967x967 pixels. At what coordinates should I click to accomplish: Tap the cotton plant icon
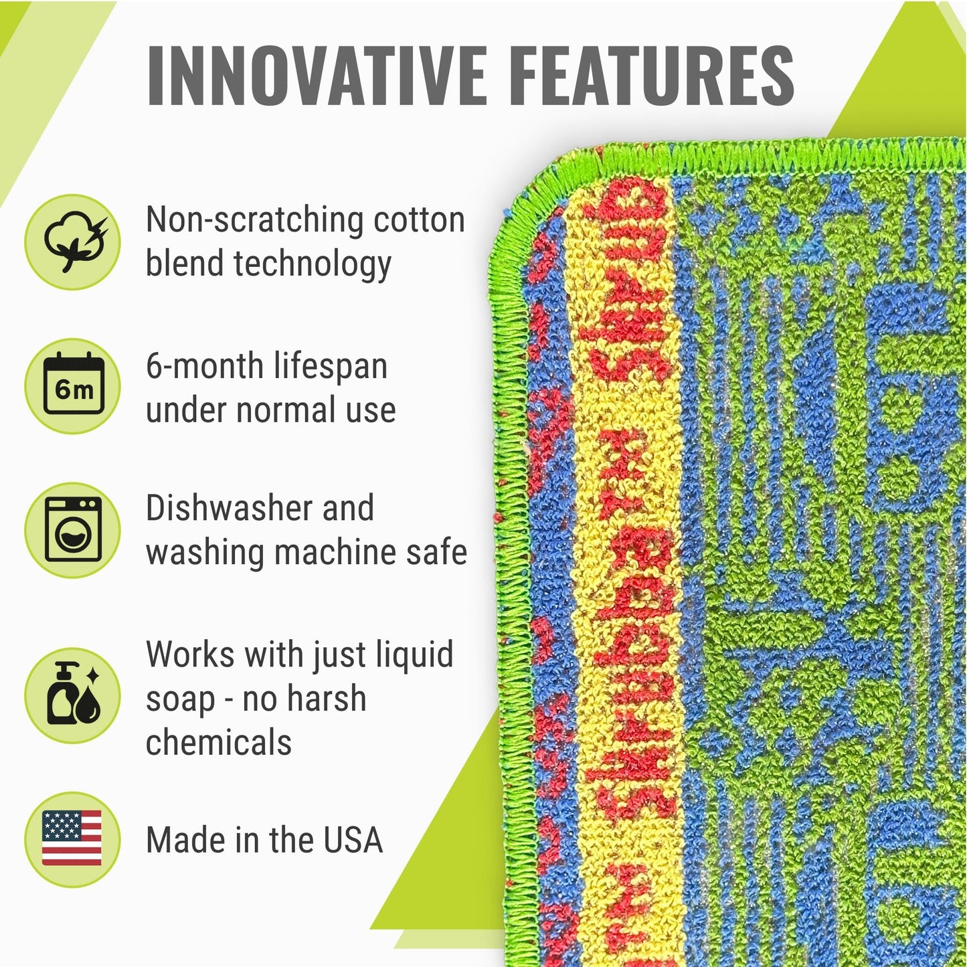point(73,242)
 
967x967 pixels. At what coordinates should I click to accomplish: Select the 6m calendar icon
point(73,386)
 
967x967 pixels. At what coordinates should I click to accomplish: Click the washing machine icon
point(73,530)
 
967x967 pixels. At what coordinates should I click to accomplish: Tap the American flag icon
point(72,839)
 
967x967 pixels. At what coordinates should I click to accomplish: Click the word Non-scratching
point(254,219)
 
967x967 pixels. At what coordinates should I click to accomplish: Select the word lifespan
point(331,366)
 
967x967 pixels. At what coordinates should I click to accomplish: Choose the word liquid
point(414,654)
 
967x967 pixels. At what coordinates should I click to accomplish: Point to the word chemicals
point(218,742)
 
